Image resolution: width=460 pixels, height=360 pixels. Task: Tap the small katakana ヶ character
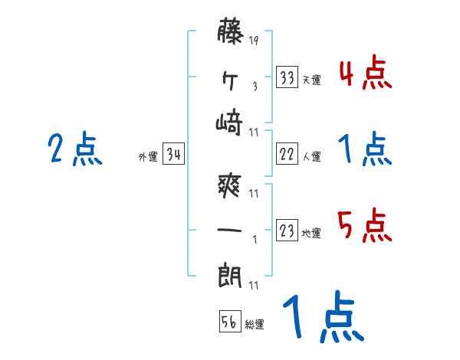click(230, 78)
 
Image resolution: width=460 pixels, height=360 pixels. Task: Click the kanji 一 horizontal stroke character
click(230, 228)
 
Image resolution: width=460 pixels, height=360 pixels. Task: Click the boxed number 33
click(287, 78)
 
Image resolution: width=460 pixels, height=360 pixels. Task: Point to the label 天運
click(311, 80)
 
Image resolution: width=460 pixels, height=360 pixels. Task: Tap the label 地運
click(311, 233)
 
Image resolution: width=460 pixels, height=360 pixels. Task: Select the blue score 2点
click(74, 149)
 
